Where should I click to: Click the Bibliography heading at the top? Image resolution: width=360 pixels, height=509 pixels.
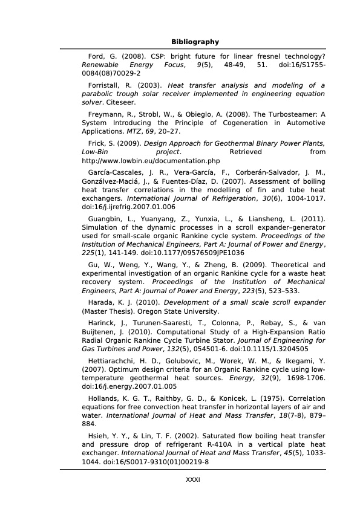(x=195, y=42)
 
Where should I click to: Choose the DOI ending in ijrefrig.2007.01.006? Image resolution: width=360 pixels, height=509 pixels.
(x=128, y=207)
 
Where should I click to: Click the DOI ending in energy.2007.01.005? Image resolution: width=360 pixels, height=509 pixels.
(x=129, y=386)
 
